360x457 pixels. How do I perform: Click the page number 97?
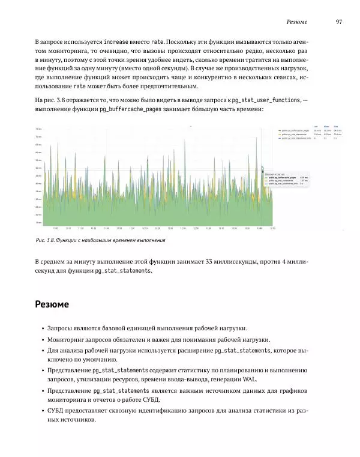coord(339,22)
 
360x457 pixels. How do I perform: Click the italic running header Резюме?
coord(297,22)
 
